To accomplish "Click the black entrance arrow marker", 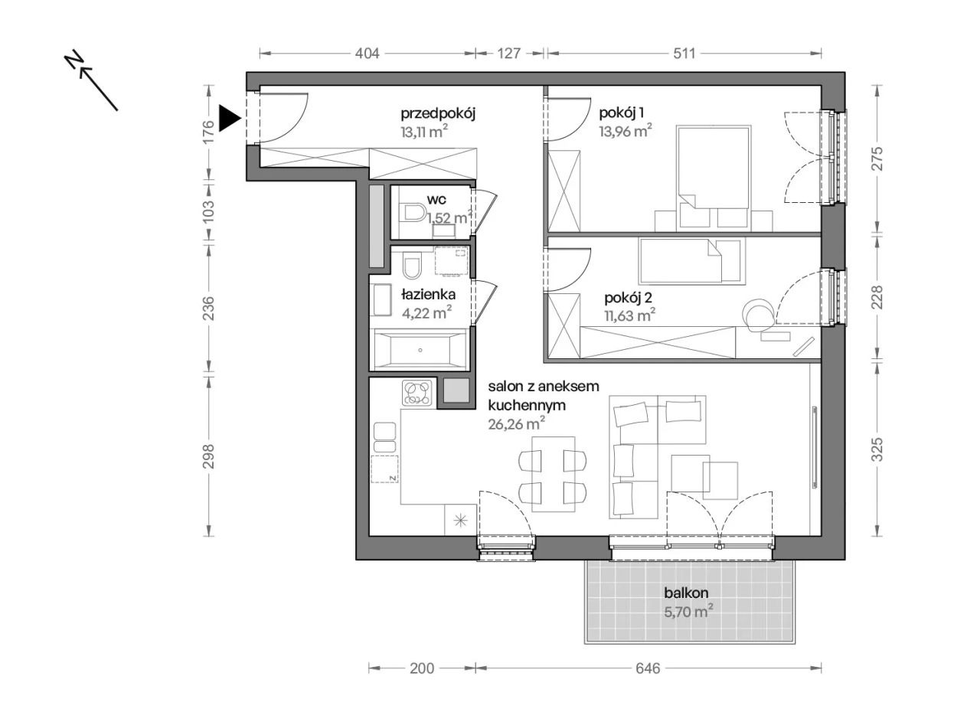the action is (x=229, y=118).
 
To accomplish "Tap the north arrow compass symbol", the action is (x=91, y=80).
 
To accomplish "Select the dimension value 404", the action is (x=367, y=54).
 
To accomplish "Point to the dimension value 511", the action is (x=684, y=54).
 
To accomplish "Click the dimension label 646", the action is (x=648, y=668).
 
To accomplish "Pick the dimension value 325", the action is (x=877, y=449).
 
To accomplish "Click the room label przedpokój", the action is (x=438, y=114).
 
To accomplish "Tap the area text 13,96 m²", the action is (x=626, y=130).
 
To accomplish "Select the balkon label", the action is (x=686, y=593).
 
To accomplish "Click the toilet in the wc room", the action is (x=414, y=213).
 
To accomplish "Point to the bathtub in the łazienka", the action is (x=420, y=350).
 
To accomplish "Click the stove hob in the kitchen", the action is (x=417, y=392).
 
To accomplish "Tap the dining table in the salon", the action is (x=553, y=474).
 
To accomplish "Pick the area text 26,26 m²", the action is (x=517, y=423).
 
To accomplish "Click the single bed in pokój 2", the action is (x=691, y=261).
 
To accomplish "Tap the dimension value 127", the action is (x=509, y=54).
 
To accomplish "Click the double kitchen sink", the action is (x=384, y=436).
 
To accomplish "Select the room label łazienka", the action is (x=428, y=295).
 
